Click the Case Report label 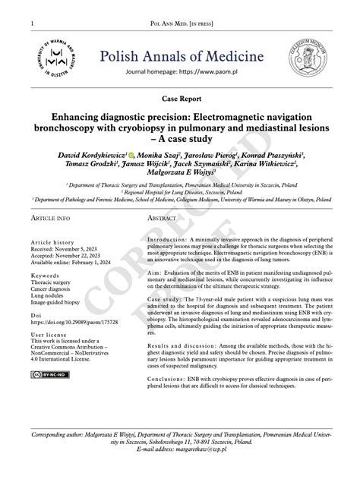coord(181,99)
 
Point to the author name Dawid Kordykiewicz coord(90,154)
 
